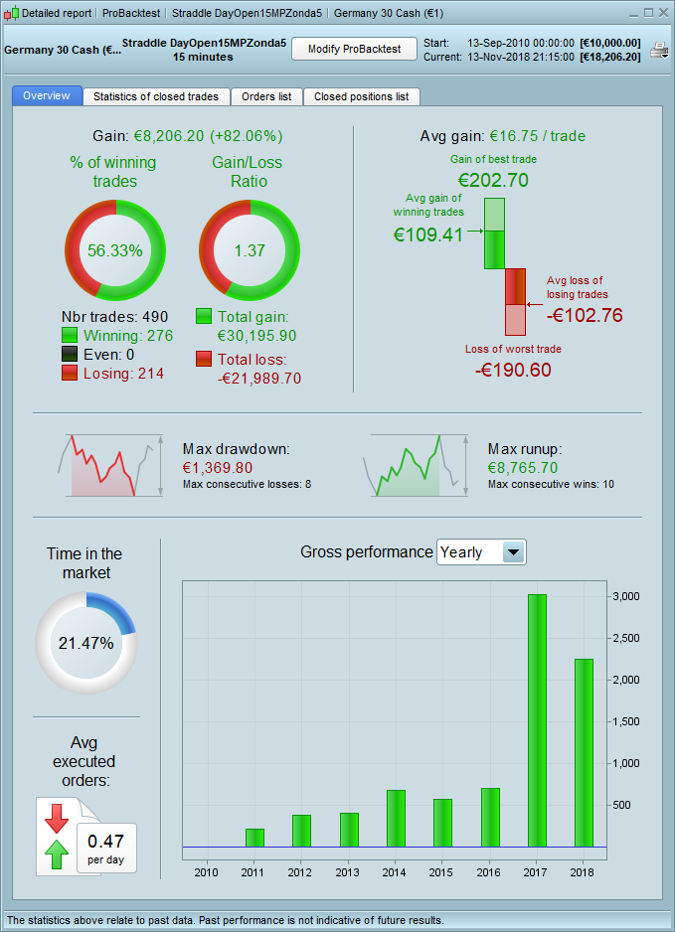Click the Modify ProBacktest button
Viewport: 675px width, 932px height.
354,49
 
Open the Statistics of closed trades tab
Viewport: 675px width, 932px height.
157,96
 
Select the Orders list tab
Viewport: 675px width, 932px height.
266,96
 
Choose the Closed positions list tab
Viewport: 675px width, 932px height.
361,96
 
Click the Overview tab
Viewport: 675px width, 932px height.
47,96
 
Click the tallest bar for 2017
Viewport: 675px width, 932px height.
537,720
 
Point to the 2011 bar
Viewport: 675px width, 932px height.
254,837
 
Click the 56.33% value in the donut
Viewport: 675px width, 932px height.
115,250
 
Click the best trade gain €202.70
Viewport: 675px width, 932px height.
493,180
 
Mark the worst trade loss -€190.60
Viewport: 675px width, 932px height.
514,370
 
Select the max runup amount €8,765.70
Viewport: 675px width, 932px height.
523,467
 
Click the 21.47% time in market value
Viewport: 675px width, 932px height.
85,643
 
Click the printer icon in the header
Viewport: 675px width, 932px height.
658,50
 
